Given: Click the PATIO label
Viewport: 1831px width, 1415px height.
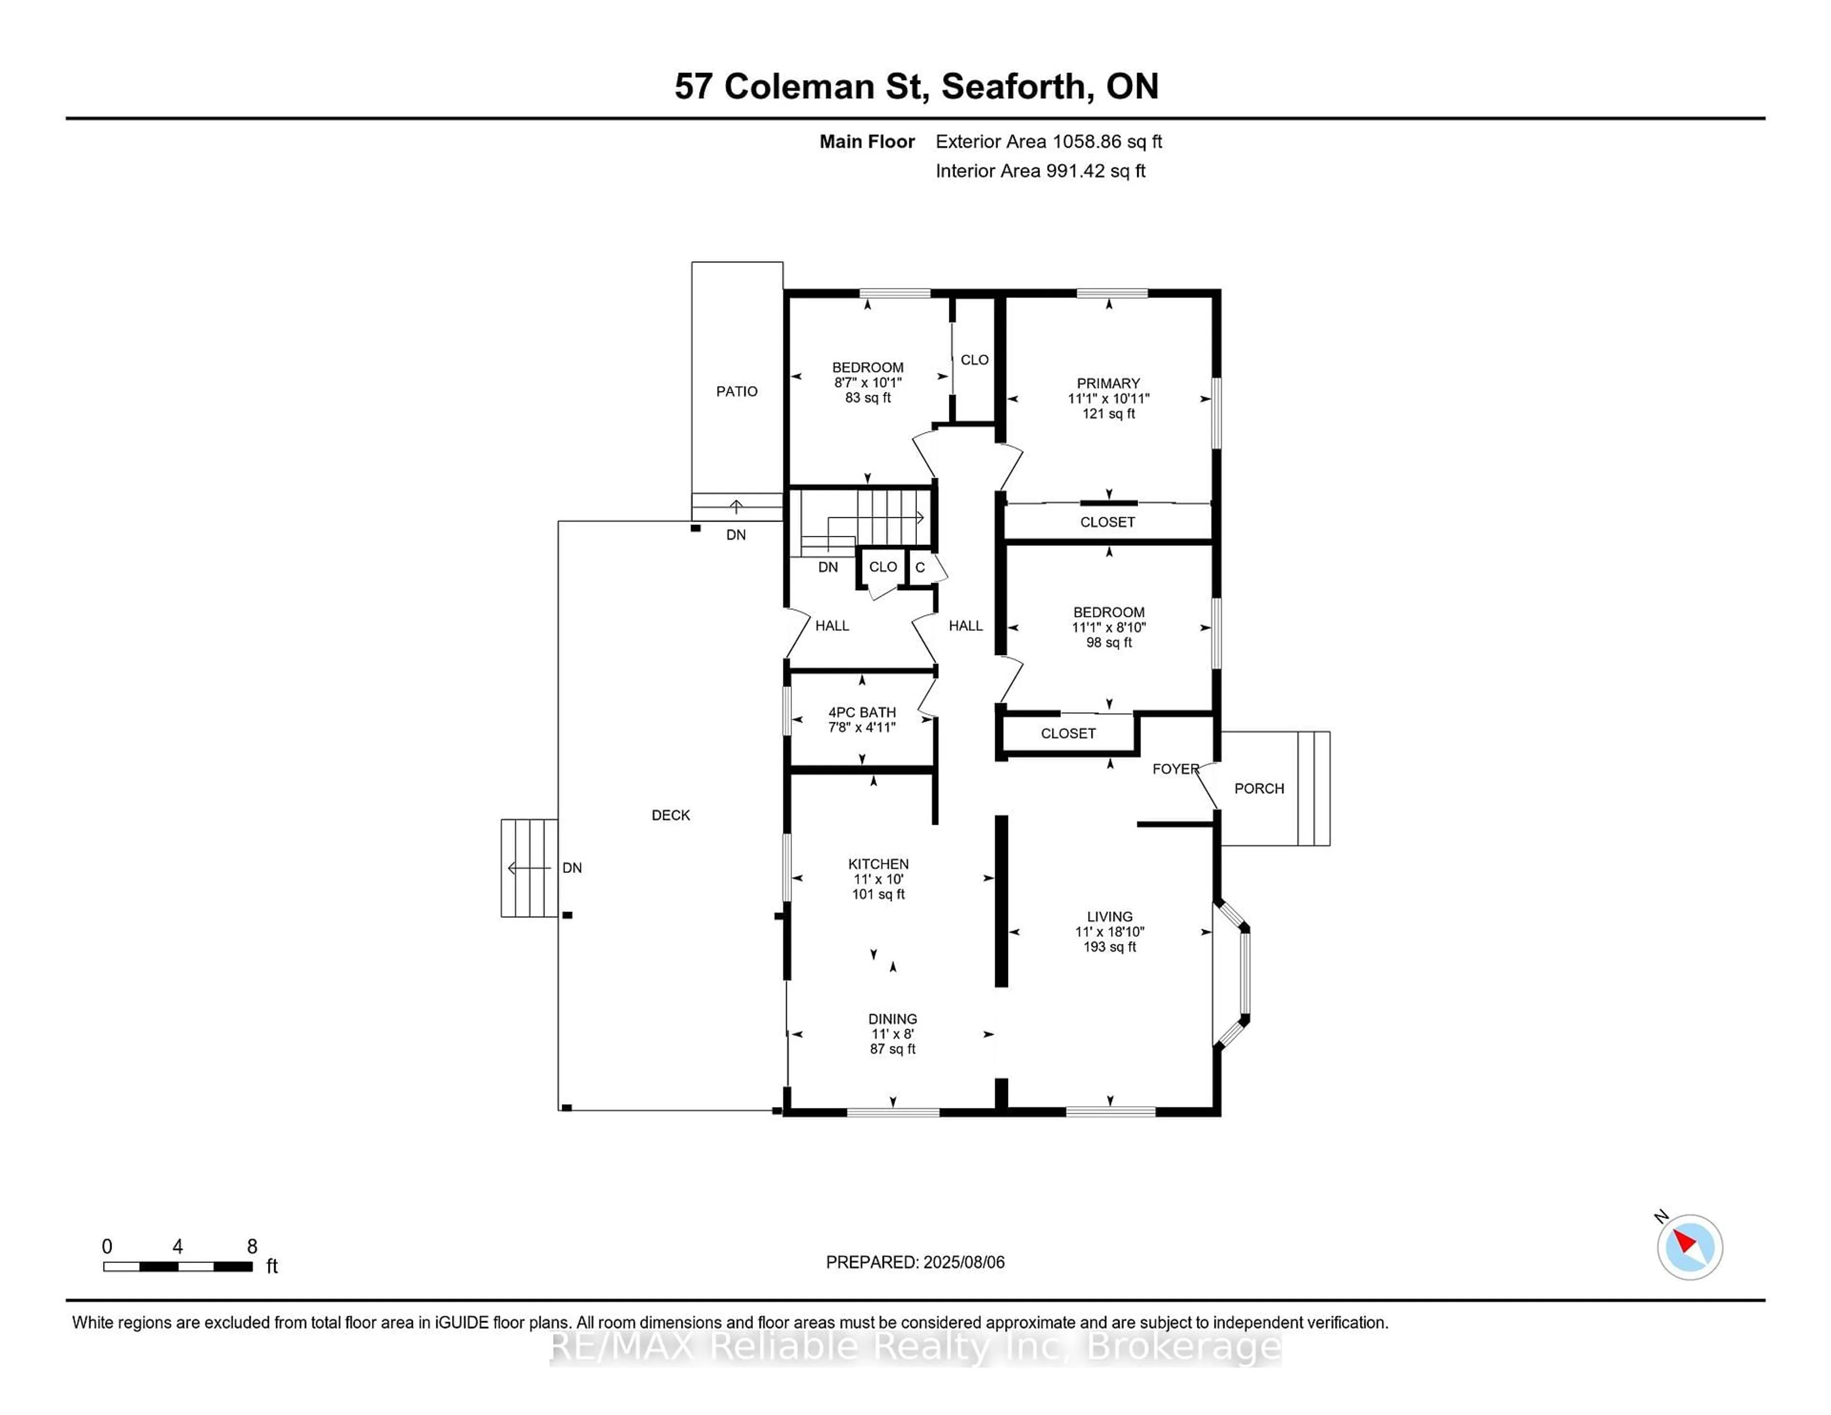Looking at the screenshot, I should pos(736,391).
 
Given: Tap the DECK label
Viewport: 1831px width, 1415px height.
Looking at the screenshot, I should pos(671,815).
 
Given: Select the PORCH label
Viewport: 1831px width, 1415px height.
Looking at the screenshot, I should pos(1258,788).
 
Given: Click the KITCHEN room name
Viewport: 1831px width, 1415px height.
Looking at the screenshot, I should pos(878,863).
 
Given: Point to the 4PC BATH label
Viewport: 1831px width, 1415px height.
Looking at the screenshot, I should pos(862,712).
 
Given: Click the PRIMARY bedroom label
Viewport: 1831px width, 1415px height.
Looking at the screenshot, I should pos(1108,383).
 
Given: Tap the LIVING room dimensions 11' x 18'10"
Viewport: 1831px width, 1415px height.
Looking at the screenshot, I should pos(1109,931).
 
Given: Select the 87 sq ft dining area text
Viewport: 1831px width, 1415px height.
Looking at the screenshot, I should pos(892,1049).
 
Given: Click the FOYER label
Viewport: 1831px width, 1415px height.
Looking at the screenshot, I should pos(1174,769).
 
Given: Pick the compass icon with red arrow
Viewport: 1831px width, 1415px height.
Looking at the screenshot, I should pos(1689,1247).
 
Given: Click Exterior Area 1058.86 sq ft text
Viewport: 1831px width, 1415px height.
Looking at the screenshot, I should pos(1048,142).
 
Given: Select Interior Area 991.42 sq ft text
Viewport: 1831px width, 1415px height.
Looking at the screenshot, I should pos(1039,171).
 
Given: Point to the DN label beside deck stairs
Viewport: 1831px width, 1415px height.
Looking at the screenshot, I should pos(572,868).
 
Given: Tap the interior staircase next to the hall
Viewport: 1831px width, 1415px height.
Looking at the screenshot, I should pos(864,518).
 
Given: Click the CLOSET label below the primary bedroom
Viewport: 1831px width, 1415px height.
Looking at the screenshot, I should pos(1107,522).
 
